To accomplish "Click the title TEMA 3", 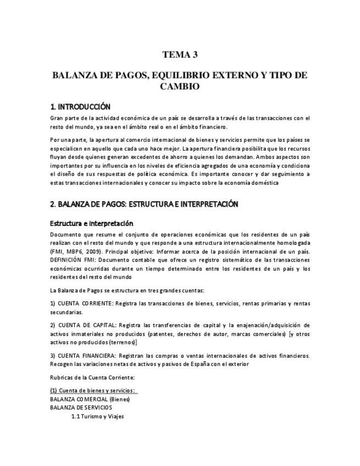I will tap(180, 54).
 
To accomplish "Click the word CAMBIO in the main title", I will tap(180, 86).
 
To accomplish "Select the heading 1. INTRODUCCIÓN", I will tap(80, 107).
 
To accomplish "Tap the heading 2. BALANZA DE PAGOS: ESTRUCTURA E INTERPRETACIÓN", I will tap(143, 204).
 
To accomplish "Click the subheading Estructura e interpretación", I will tap(92, 224).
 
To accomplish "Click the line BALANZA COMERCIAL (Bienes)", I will tap(90, 399).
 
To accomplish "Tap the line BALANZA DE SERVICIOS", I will tap(81, 408).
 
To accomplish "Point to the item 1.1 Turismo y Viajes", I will tap(97, 417).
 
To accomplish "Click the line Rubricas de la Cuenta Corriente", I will tap(92, 378).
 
